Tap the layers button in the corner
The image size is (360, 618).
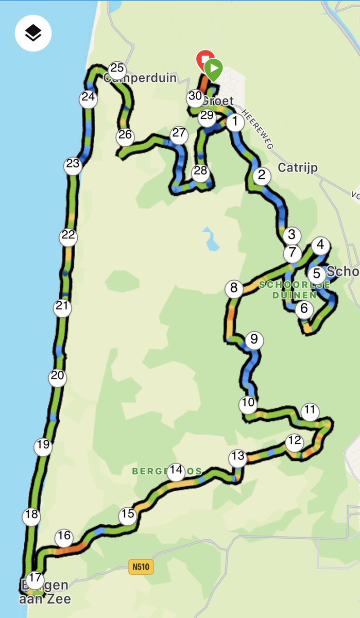pos(33,33)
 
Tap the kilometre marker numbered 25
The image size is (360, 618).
pos(117,68)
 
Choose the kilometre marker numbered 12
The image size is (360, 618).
pos(295,441)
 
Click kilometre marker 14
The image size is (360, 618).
pos(177,470)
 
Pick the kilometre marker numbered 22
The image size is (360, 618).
pos(68,236)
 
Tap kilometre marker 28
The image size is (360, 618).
pos(200,172)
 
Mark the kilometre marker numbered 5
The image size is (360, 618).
pos(316,274)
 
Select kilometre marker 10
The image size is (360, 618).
pos(248,403)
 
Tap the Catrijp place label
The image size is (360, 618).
pos(298,168)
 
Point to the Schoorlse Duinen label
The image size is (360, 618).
pos(294,289)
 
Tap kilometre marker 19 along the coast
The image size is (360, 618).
pos(43,445)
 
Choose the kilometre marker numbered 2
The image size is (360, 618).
pos(262,176)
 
